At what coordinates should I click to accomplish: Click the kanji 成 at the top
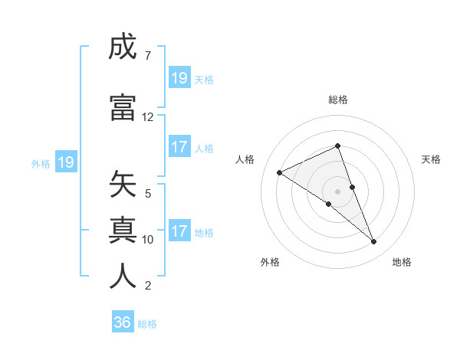coord(123,47)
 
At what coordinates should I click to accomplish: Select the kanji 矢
coord(123,185)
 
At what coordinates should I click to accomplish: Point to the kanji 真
coord(123,231)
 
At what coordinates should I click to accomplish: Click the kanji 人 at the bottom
coord(123,277)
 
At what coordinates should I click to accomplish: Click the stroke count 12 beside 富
coord(148,117)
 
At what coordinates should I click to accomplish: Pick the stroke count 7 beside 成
coord(147,56)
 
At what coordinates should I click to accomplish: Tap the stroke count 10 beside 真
coord(148,240)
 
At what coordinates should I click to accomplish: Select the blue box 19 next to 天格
coord(179,78)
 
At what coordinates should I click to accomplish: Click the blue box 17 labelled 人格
coord(179,147)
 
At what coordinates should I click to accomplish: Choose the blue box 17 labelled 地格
coord(179,231)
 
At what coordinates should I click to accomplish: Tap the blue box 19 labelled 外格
coord(66,162)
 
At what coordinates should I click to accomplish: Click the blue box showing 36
coord(123,322)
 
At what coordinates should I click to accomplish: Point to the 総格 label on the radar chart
coord(338,100)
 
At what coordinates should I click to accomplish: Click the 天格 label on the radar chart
coord(432,159)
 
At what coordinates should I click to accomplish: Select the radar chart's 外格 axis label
coord(270,262)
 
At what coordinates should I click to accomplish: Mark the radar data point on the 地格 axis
coord(374,242)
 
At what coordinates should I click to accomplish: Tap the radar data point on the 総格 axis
coord(338,146)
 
